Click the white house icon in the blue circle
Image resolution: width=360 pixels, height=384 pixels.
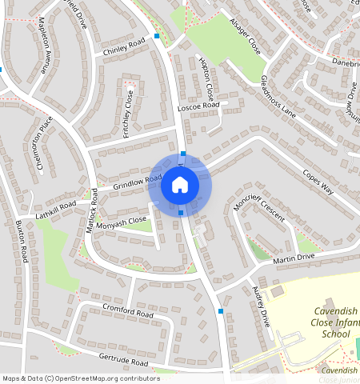(180, 186)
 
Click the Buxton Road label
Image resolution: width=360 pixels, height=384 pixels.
(25, 243)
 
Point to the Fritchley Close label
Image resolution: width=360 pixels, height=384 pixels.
(128, 114)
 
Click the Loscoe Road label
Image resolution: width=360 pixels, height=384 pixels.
(198, 106)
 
